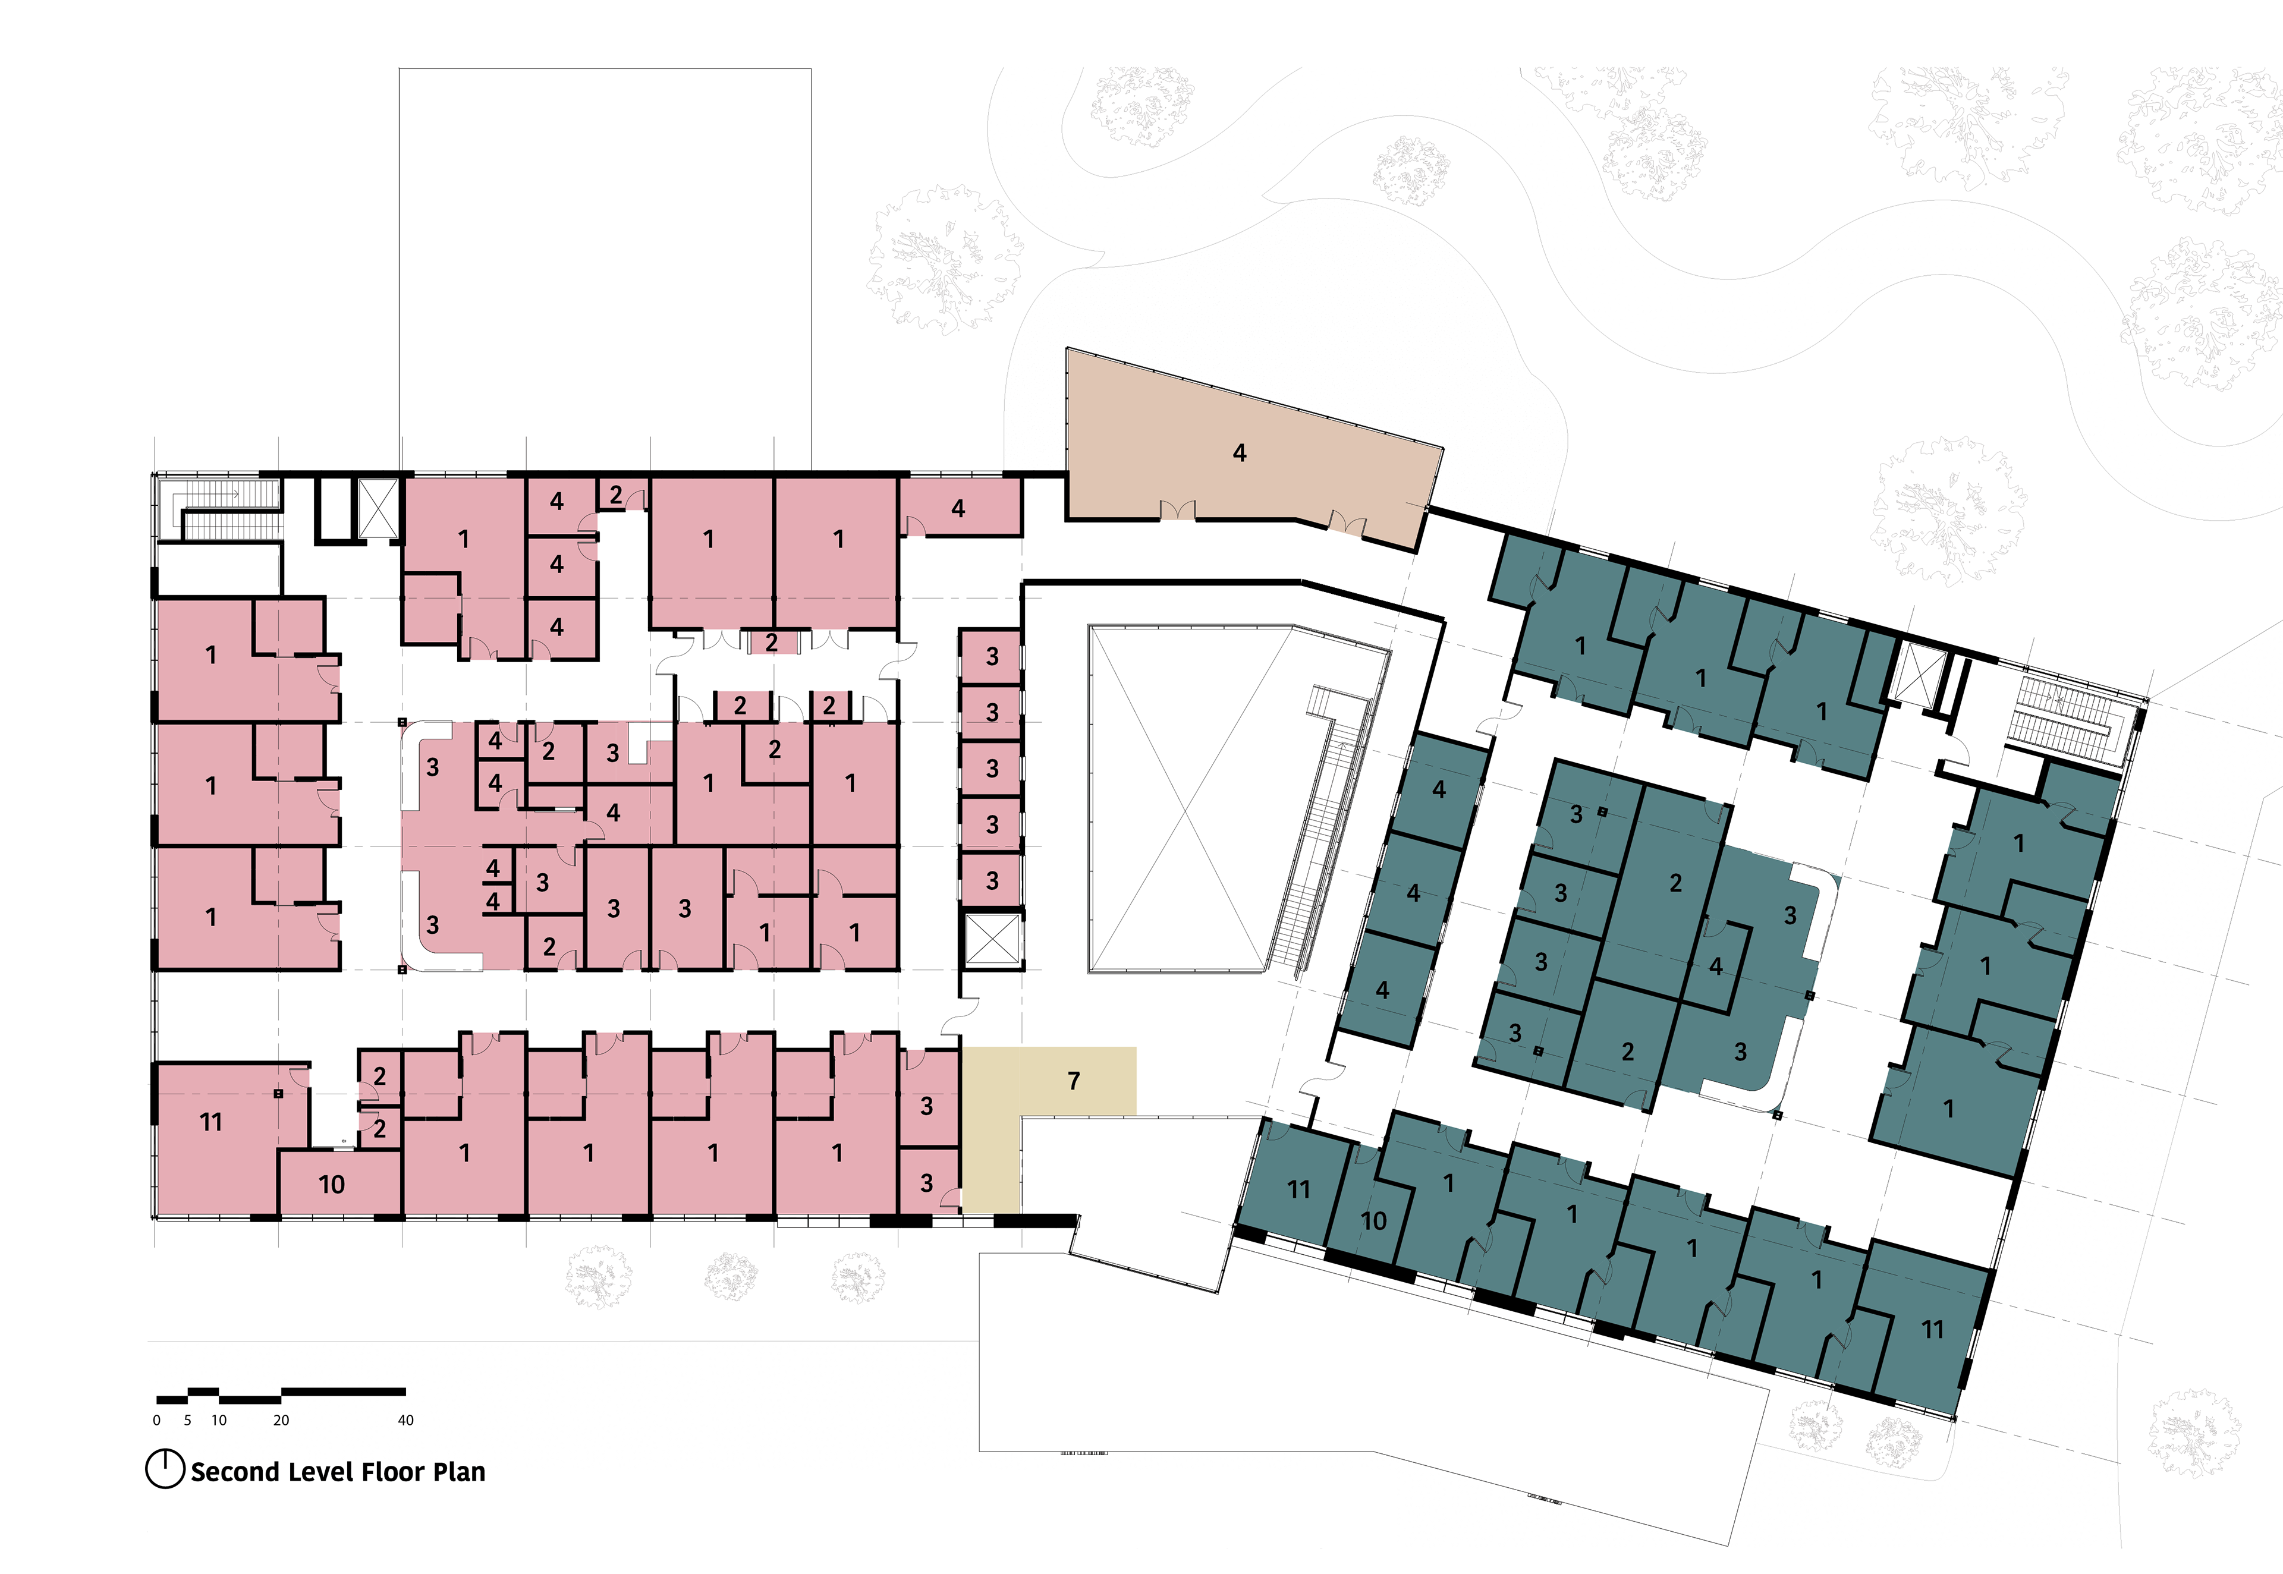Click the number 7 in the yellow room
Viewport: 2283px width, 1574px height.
pos(1074,1081)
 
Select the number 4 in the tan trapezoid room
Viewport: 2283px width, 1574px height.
pos(1240,453)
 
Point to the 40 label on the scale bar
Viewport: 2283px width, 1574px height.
pos(405,1420)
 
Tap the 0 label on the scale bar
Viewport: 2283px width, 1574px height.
pos(157,1420)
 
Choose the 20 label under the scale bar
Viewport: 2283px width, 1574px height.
pos(281,1420)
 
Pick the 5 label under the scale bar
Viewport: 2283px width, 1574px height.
pos(187,1420)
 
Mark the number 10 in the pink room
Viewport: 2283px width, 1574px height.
pos(331,1185)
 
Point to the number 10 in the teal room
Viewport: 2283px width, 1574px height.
pos(1374,1221)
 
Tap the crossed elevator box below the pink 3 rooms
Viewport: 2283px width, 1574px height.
pos(993,939)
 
